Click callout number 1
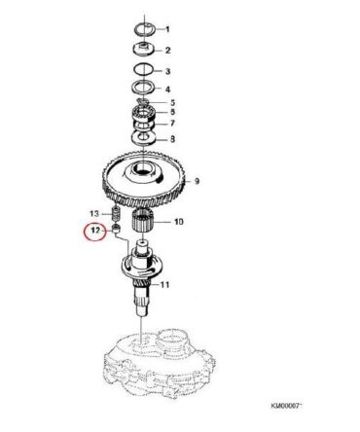[x=167, y=30]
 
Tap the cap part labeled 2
[x=144, y=49]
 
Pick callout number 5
[x=172, y=103]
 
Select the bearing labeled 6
[x=144, y=114]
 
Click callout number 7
[x=172, y=124]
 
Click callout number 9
[x=197, y=181]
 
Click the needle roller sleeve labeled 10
[x=143, y=220]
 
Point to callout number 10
[x=179, y=222]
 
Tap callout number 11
[x=164, y=285]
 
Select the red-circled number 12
[x=94, y=231]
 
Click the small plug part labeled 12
[x=116, y=229]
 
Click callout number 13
[x=94, y=214]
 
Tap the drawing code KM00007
[x=286, y=406]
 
